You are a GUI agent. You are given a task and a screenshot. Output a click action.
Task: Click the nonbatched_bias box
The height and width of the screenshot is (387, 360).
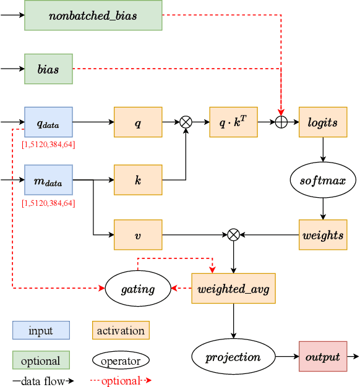point(93,15)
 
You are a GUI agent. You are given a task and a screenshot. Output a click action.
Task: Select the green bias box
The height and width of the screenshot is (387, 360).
point(48,69)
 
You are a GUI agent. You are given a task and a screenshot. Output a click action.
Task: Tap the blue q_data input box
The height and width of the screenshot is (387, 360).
point(48,122)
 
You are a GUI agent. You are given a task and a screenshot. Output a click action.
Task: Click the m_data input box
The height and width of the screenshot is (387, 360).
point(48,180)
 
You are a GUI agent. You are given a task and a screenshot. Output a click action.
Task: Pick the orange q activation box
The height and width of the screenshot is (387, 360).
point(138,122)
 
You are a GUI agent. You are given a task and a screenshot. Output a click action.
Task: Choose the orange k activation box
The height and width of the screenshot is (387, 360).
point(138,180)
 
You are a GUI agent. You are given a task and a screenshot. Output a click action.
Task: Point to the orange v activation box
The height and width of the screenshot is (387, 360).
point(138,234)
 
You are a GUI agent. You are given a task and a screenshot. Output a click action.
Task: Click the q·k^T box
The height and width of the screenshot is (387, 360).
point(233,122)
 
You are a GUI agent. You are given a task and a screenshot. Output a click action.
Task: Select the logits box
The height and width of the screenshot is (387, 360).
point(322,122)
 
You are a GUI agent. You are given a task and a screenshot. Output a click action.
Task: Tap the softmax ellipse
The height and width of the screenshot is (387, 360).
point(322,181)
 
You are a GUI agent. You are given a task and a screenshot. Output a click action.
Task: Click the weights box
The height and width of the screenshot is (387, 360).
point(322,234)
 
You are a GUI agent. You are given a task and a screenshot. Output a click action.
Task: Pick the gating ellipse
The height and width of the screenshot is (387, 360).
point(138,288)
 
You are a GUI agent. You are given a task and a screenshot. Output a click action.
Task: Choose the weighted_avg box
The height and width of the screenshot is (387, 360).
point(233,288)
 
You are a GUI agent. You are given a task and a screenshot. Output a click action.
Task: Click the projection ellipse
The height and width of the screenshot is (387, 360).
point(233,357)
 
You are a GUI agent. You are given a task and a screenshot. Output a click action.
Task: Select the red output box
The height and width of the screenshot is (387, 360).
point(322,357)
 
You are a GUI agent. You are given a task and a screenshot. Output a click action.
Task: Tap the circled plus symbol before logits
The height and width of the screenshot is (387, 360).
point(281,122)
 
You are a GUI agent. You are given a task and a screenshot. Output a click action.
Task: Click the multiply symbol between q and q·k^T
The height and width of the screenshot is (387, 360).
point(186,122)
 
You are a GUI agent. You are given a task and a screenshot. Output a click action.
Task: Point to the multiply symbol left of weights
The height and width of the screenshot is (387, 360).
point(233,234)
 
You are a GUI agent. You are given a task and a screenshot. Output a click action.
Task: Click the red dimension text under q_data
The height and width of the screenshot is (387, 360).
point(48,145)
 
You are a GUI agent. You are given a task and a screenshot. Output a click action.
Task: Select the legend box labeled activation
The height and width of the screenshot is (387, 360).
point(121,330)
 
